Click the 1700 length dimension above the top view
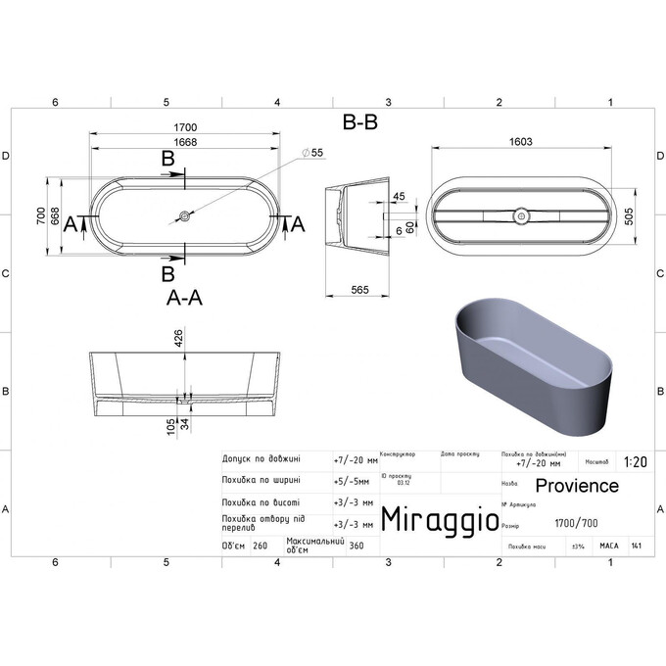(187, 128)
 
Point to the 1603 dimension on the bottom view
(521, 142)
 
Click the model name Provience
(577, 486)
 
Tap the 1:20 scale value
(633, 461)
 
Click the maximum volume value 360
(357, 547)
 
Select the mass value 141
(637, 546)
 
